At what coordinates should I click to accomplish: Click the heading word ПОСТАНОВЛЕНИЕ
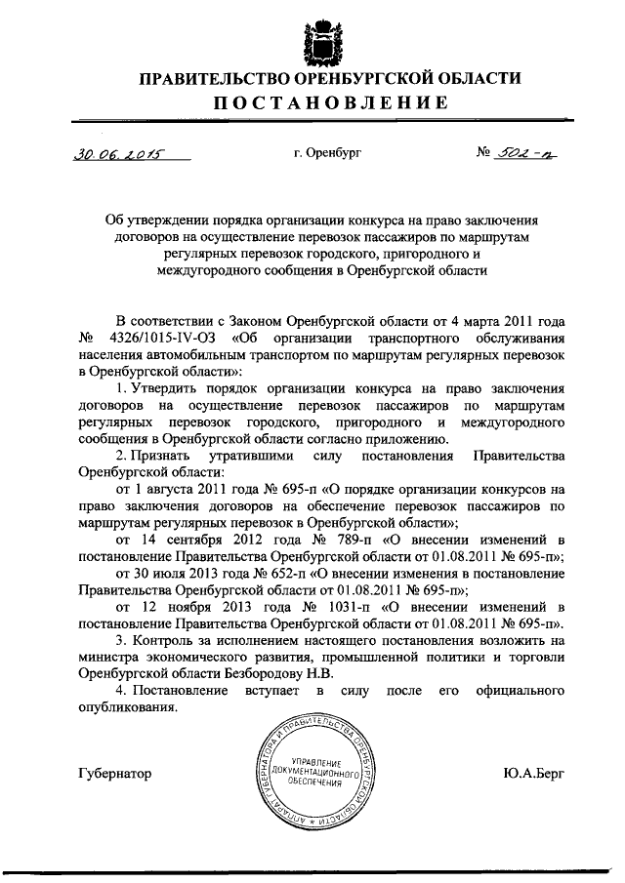312,103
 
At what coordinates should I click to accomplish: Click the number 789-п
355,541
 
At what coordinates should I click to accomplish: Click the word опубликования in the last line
127,708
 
